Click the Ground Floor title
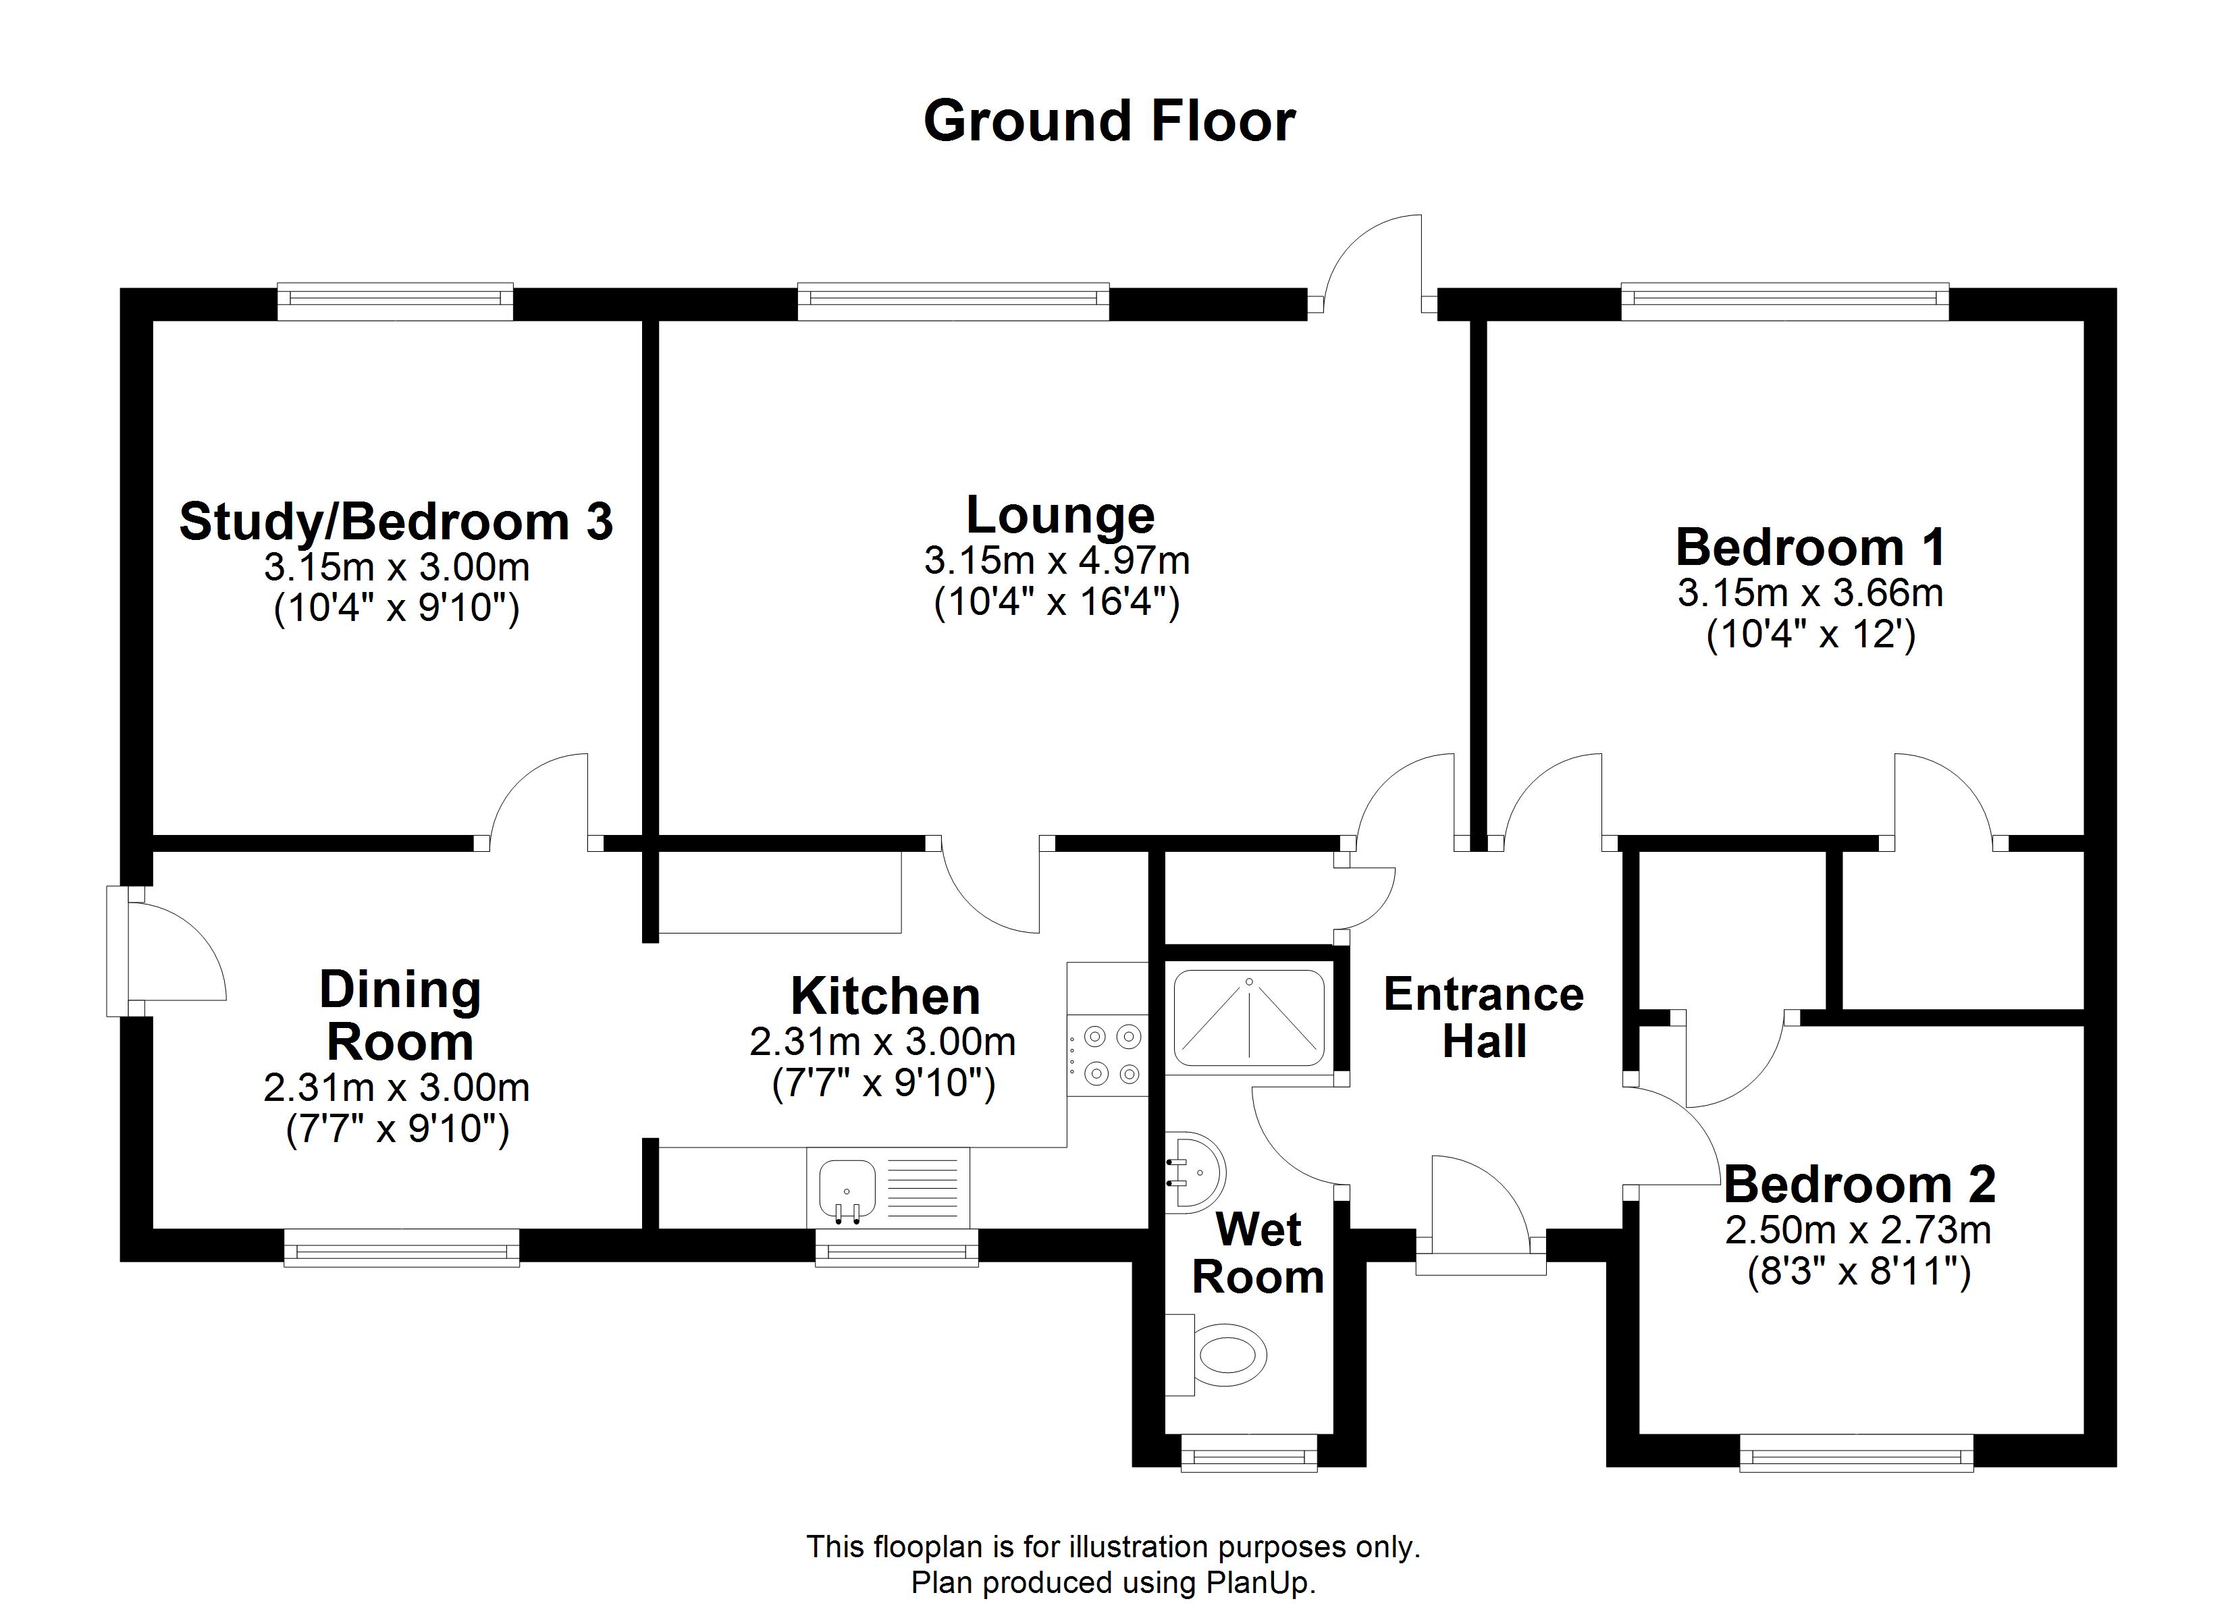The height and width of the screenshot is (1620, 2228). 1109,122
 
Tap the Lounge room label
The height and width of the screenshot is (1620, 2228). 1059,515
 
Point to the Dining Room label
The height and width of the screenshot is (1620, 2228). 400,1016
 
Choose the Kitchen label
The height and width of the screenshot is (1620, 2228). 885,996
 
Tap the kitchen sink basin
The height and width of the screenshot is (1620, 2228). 847,1186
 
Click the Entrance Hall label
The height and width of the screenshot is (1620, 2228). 1483,1018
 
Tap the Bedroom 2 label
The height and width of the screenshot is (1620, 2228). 1859,1184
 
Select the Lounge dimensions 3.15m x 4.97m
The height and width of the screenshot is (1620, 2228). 1057,561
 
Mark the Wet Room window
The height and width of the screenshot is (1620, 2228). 1248,1452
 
